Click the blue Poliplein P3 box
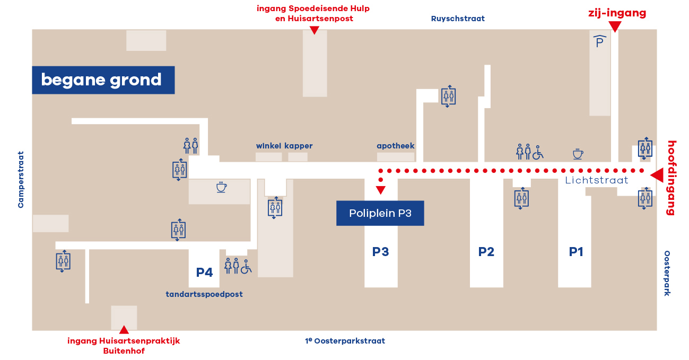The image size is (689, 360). point(380,213)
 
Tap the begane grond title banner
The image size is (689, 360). point(103,80)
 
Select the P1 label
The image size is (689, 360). point(576,252)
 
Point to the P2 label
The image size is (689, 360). point(486,252)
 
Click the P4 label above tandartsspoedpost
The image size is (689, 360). point(204,273)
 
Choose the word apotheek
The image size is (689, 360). point(396,146)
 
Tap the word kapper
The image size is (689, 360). point(299,146)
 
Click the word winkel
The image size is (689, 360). point(268,146)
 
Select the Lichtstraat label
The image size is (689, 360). point(596,180)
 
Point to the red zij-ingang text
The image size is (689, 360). point(617,13)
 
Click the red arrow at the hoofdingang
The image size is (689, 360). point(657,175)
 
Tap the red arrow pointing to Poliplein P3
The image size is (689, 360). point(380,190)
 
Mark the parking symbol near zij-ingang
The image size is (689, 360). point(599,41)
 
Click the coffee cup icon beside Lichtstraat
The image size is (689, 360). point(578,154)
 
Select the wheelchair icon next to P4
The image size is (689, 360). point(246,267)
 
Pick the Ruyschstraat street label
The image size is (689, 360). point(458,19)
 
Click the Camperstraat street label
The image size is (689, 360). point(21,180)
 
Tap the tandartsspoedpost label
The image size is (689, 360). point(204,294)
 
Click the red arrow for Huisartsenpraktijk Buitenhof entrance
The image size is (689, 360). point(124,330)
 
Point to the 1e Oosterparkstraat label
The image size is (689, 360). point(345,341)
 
